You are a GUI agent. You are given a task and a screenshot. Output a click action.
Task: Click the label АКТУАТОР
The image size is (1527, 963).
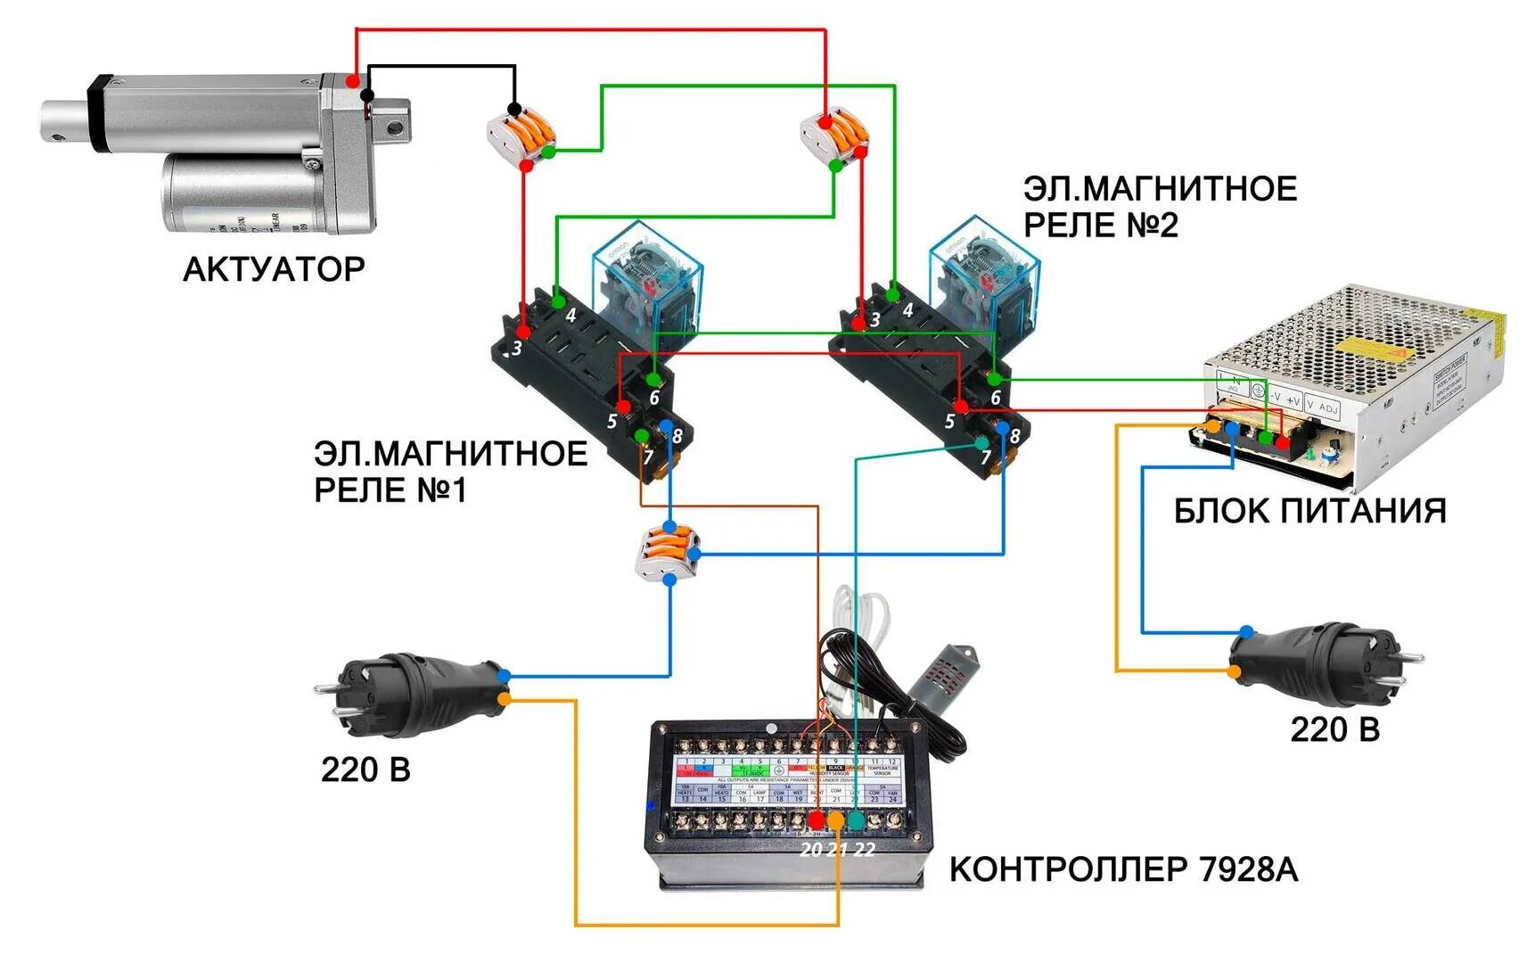274,269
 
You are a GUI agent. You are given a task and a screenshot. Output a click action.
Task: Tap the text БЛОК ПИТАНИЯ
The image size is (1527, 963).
1309,511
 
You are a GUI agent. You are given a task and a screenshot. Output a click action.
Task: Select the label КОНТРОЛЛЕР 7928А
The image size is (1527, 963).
1122,868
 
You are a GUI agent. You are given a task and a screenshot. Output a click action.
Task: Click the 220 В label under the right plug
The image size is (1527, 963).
1334,729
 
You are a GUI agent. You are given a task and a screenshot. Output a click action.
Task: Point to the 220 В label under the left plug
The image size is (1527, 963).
365,770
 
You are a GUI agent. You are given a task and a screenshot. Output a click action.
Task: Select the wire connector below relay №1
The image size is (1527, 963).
668,554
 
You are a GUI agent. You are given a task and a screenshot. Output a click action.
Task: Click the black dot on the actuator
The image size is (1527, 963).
366,95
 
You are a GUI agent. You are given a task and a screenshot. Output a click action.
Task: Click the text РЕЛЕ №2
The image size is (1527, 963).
1100,225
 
